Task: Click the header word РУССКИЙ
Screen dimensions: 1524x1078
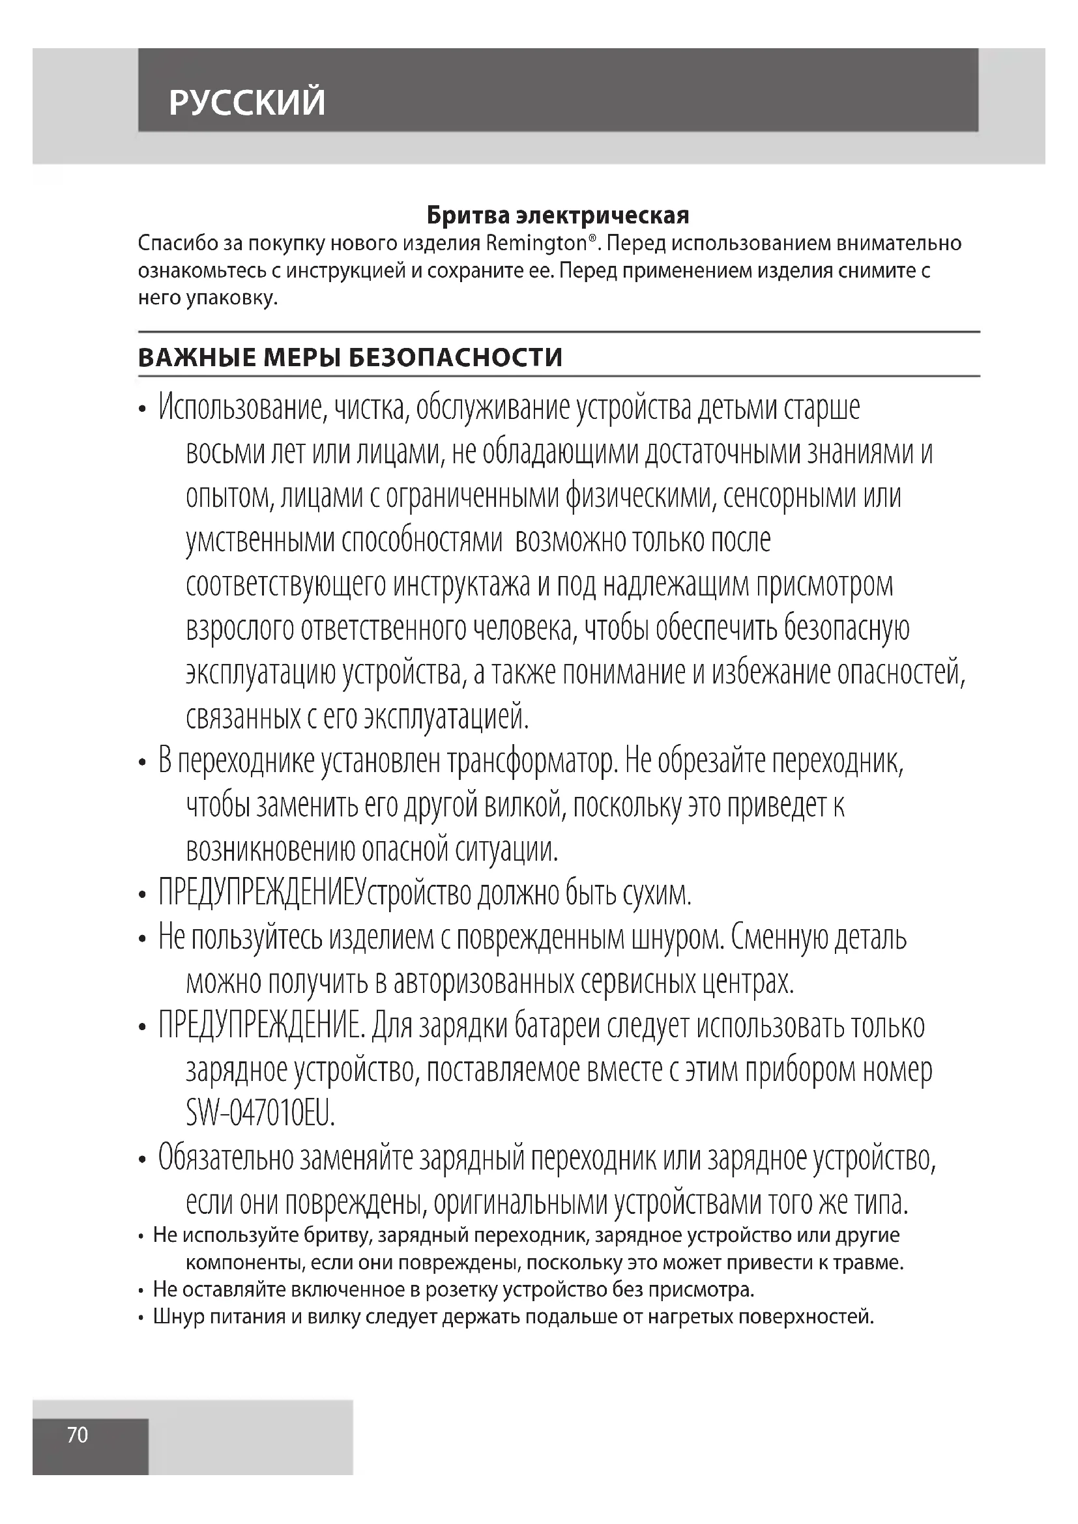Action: coord(247,102)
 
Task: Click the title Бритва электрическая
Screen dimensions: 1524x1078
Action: coord(558,215)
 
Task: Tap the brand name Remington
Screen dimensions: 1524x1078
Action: coord(536,244)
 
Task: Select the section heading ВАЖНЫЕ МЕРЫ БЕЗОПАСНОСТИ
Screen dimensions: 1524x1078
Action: coord(350,357)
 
